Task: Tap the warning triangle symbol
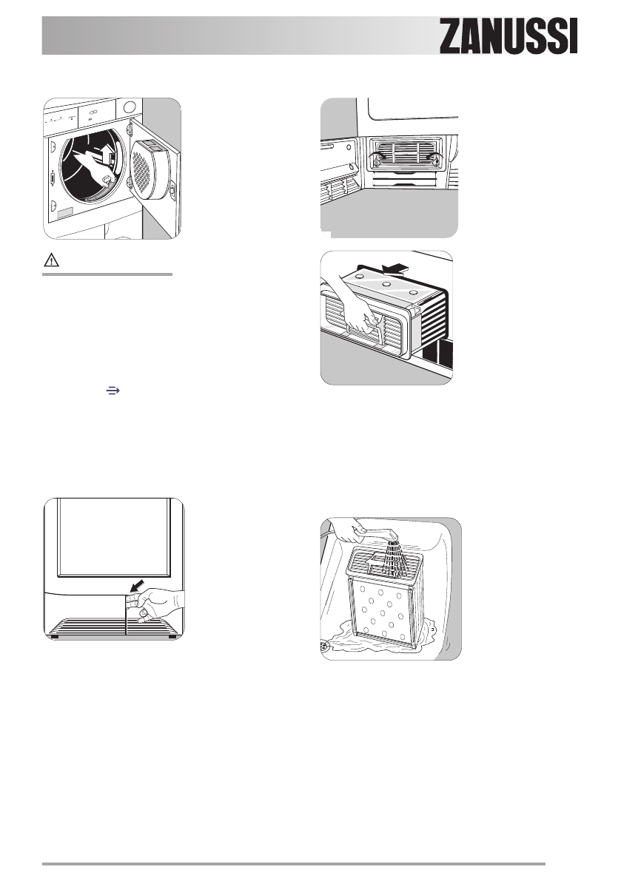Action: pos(51,261)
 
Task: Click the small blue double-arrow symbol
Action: pos(113,390)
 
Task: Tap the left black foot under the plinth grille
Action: pos(55,635)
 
